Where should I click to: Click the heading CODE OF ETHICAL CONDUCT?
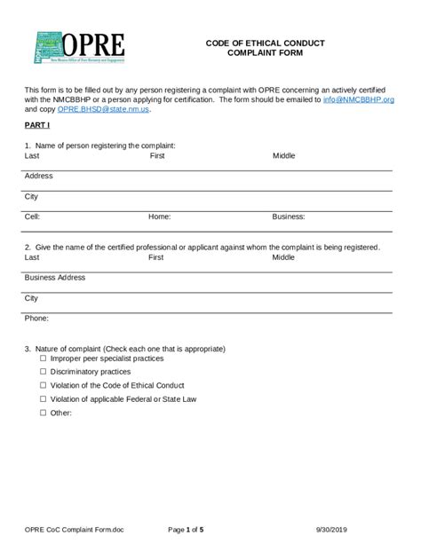point(265,43)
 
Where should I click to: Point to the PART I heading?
point(37,126)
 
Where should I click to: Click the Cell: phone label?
point(33,216)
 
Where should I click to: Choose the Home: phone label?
point(160,216)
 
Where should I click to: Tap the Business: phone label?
point(289,216)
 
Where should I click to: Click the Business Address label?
point(55,278)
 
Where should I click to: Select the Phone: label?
point(36,318)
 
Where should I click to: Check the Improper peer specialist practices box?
point(43,358)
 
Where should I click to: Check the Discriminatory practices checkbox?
point(43,372)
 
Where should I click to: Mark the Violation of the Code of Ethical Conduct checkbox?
point(43,386)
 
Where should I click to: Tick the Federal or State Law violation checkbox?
point(43,399)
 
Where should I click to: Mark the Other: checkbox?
point(43,413)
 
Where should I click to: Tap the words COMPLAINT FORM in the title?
point(265,53)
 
